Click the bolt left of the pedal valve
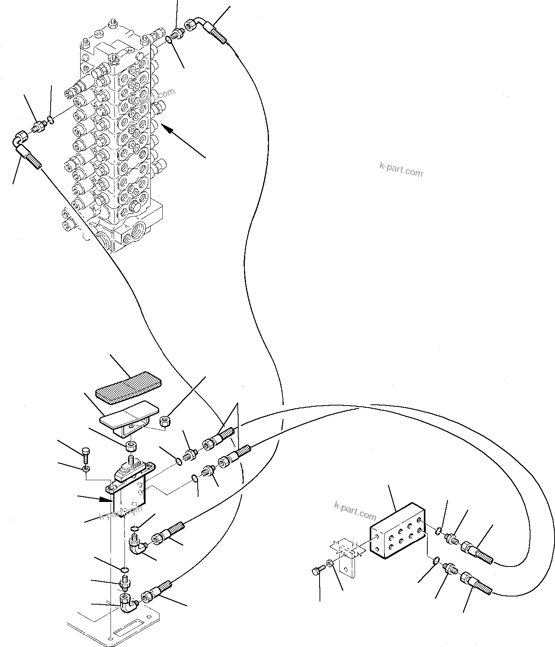[x=86, y=452]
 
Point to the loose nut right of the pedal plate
[x=167, y=422]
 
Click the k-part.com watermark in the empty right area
[x=400, y=170]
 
